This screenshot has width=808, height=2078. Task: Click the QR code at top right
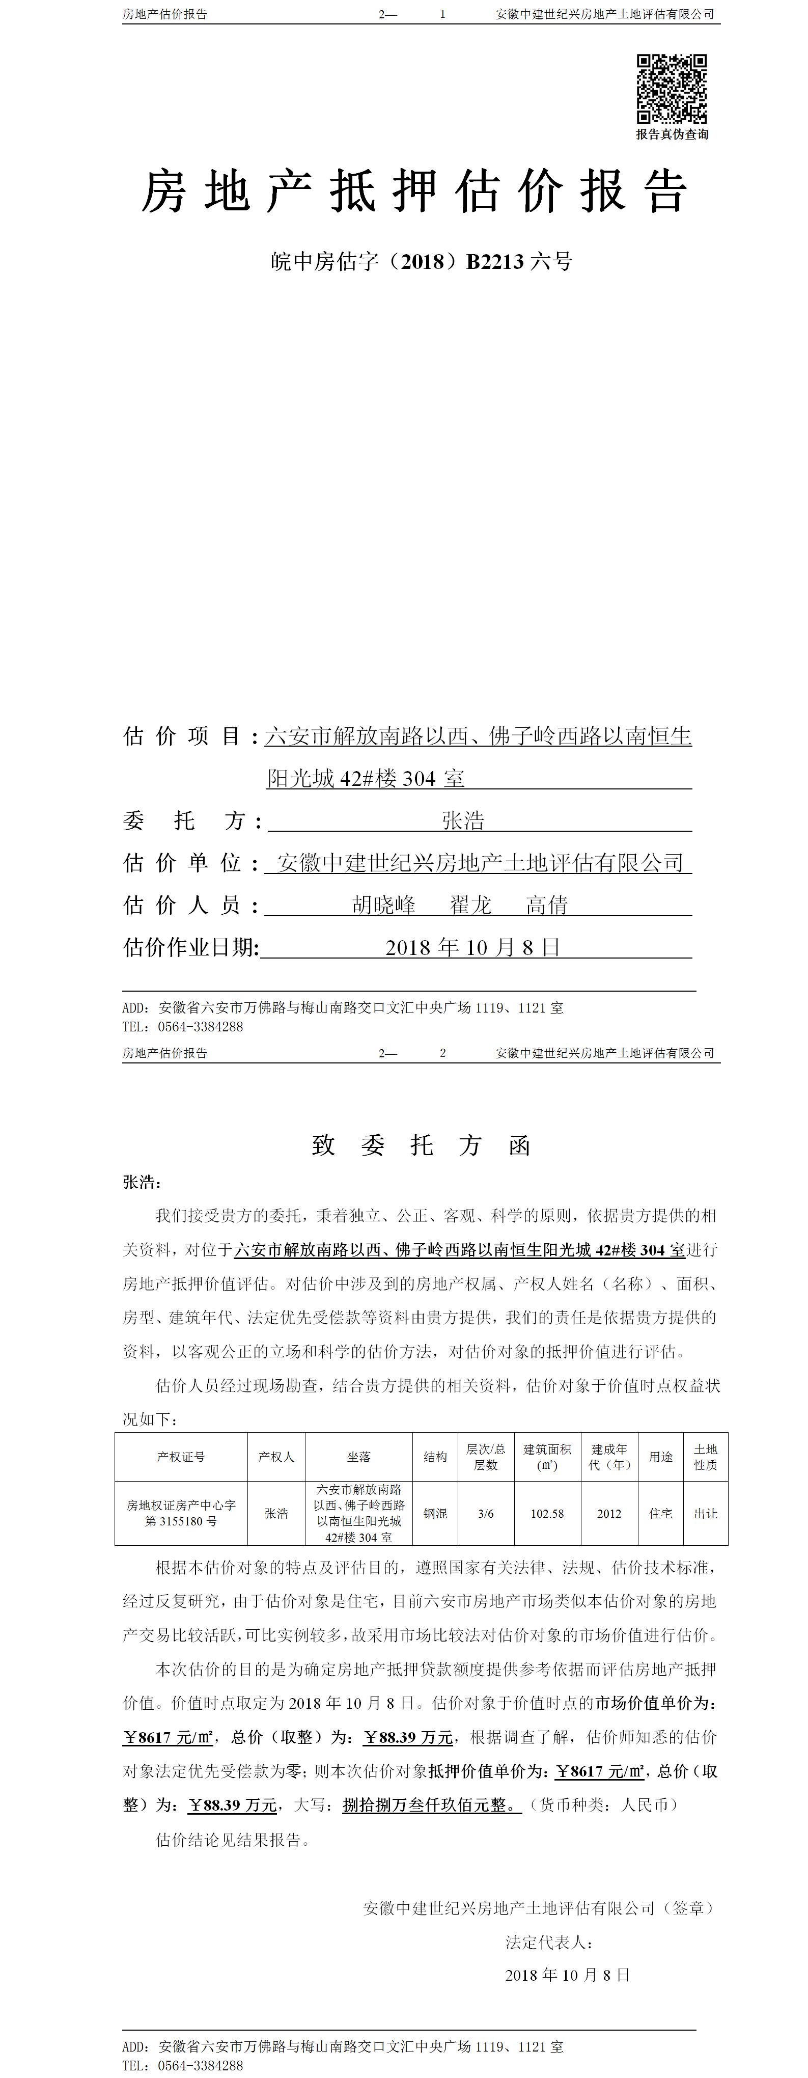click(671, 88)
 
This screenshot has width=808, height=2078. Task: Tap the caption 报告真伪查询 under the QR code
click(672, 135)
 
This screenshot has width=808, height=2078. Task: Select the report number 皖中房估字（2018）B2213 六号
click(421, 261)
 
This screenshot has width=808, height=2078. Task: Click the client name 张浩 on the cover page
click(463, 821)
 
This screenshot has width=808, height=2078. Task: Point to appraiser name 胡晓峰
click(384, 905)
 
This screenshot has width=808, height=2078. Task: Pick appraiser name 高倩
click(547, 905)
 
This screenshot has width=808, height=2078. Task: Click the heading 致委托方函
click(421, 1145)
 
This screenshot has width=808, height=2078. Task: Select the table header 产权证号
click(181, 1457)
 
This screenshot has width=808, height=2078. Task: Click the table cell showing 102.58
click(547, 1513)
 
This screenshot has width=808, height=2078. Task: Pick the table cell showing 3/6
click(485, 1513)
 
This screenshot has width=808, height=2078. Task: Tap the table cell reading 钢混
click(435, 1513)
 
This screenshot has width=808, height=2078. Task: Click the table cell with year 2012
click(609, 1513)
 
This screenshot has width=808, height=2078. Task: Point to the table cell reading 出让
click(706, 1513)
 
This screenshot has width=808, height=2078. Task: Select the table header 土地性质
click(706, 1457)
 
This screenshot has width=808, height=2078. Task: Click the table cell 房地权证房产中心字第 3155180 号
click(181, 1513)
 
